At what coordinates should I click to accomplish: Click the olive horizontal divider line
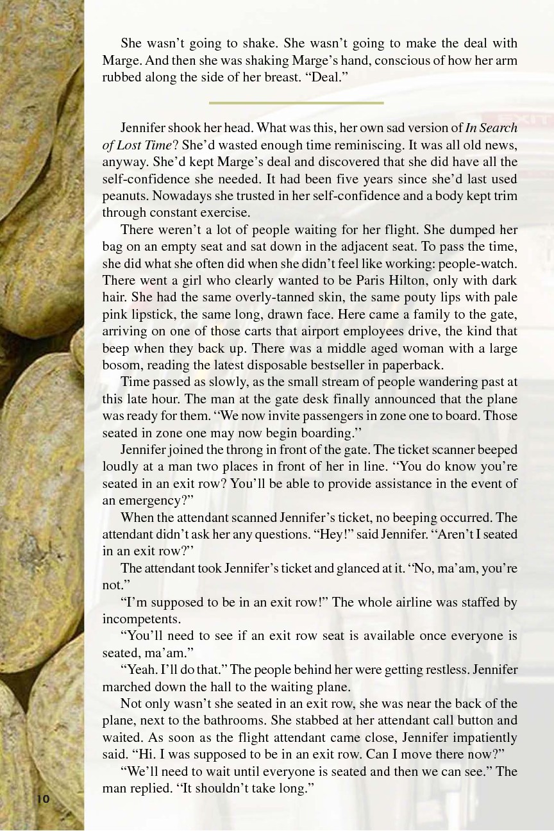point(296,103)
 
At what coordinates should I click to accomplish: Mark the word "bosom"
point(122,365)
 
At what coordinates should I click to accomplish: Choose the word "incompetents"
point(140,619)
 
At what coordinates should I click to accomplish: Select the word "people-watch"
point(482,264)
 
